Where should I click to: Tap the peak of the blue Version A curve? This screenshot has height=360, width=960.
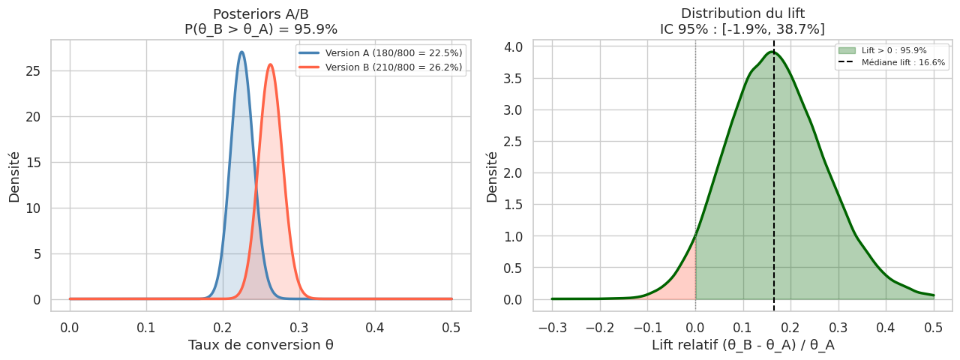coord(241,52)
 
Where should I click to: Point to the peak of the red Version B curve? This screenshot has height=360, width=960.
coord(270,64)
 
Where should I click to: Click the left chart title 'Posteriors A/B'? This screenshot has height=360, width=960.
coord(260,14)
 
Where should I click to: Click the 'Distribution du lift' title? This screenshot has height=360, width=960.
coord(742,14)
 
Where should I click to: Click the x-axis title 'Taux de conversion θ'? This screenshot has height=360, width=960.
coord(260,345)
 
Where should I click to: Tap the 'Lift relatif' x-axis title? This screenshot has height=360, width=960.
coord(742,345)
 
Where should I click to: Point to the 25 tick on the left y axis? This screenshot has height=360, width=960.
coord(34,71)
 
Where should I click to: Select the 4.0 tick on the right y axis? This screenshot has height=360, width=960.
coord(516,46)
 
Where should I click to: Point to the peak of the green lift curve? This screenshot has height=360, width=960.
coord(772,52)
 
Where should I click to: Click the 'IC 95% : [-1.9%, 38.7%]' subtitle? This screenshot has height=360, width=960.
coord(742,29)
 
